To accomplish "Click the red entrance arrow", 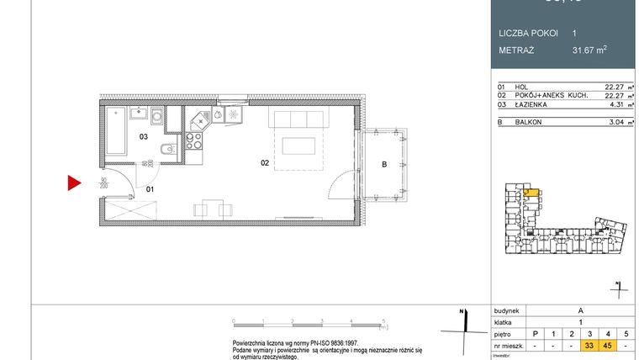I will (74, 182).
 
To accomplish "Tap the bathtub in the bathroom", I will (115, 131).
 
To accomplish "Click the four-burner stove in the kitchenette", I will (195, 140).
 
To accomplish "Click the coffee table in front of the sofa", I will (298, 146).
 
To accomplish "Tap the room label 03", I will (143, 135).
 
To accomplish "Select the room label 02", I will (264, 163).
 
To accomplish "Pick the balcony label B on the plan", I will (383, 165).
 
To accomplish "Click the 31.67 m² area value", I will (588, 50).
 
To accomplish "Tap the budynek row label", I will (508, 309).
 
